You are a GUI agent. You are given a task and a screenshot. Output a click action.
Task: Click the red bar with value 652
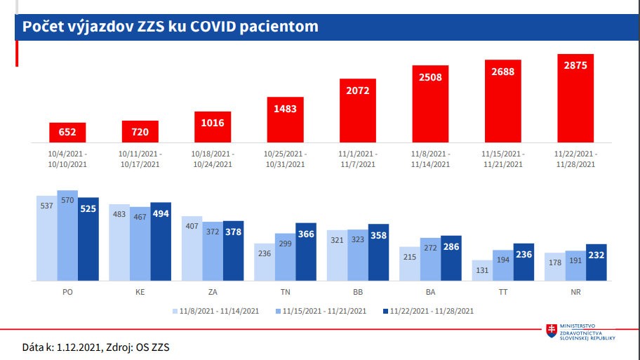[67, 133]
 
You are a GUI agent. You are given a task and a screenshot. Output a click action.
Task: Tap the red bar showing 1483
[286, 119]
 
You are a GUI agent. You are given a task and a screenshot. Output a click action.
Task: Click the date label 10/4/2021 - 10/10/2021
[67, 159]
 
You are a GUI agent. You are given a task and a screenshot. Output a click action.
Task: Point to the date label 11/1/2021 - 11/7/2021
[358, 159]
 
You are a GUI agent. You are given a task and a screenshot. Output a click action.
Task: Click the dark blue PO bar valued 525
[88, 239]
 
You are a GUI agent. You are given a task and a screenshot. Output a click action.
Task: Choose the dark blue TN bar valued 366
[306, 252]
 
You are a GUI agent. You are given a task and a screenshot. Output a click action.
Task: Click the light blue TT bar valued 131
[482, 271]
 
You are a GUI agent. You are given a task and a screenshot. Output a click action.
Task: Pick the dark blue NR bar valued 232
[596, 263]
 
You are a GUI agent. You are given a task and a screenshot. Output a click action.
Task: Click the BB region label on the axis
[358, 291]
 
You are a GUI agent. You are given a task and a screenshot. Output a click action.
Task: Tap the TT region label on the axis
[502, 291]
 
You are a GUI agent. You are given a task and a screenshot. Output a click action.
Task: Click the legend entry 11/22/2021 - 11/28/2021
[430, 310]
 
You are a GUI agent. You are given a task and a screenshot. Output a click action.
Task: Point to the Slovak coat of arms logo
[552, 331]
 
